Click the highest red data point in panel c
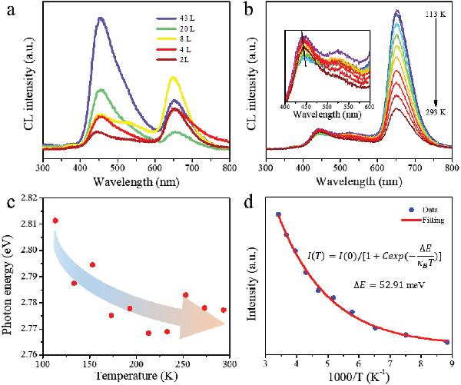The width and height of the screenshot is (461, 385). (55, 221)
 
